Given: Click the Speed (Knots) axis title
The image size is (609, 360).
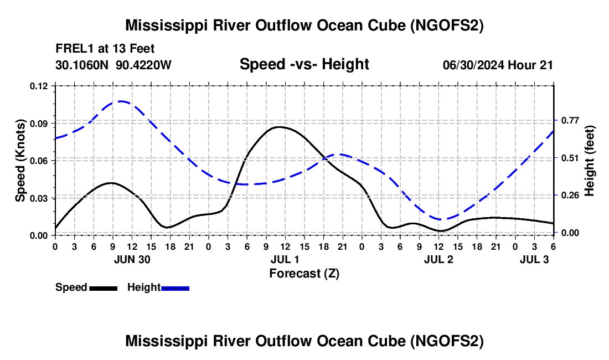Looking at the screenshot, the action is tap(20, 161).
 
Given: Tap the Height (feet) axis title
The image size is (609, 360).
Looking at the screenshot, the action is tap(589, 161).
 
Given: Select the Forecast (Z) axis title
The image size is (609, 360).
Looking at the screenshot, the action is tap(304, 274).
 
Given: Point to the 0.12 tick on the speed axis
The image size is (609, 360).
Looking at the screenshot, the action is tap(38, 86).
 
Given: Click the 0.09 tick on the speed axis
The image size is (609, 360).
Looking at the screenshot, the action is tap(38, 124).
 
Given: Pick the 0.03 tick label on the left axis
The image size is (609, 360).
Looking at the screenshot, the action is tap(38, 198).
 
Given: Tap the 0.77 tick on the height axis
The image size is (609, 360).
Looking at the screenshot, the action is tap(570, 120).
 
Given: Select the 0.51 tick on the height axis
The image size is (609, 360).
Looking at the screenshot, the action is tap(570, 158).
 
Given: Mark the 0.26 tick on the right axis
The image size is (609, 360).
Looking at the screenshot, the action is tap(570, 195).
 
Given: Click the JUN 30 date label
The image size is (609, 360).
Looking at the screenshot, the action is tap(132, 259).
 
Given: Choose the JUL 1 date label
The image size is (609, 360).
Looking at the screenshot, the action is tap(285, 259).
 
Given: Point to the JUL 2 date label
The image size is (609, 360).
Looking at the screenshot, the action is tap(438, 259).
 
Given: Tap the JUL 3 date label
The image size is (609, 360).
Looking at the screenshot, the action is tap(534, 259).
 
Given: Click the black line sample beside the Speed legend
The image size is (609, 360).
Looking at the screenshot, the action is tap(104, 288).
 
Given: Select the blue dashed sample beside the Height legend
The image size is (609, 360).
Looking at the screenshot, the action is tap(175, 288).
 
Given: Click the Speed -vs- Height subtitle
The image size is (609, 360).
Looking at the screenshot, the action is tap(304, 64).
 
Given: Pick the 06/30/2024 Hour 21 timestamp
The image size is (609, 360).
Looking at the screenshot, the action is tap(498, 65).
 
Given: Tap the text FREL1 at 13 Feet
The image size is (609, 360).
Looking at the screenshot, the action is tap(105, 49).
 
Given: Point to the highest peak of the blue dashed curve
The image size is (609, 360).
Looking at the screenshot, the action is tap(121, 101).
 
